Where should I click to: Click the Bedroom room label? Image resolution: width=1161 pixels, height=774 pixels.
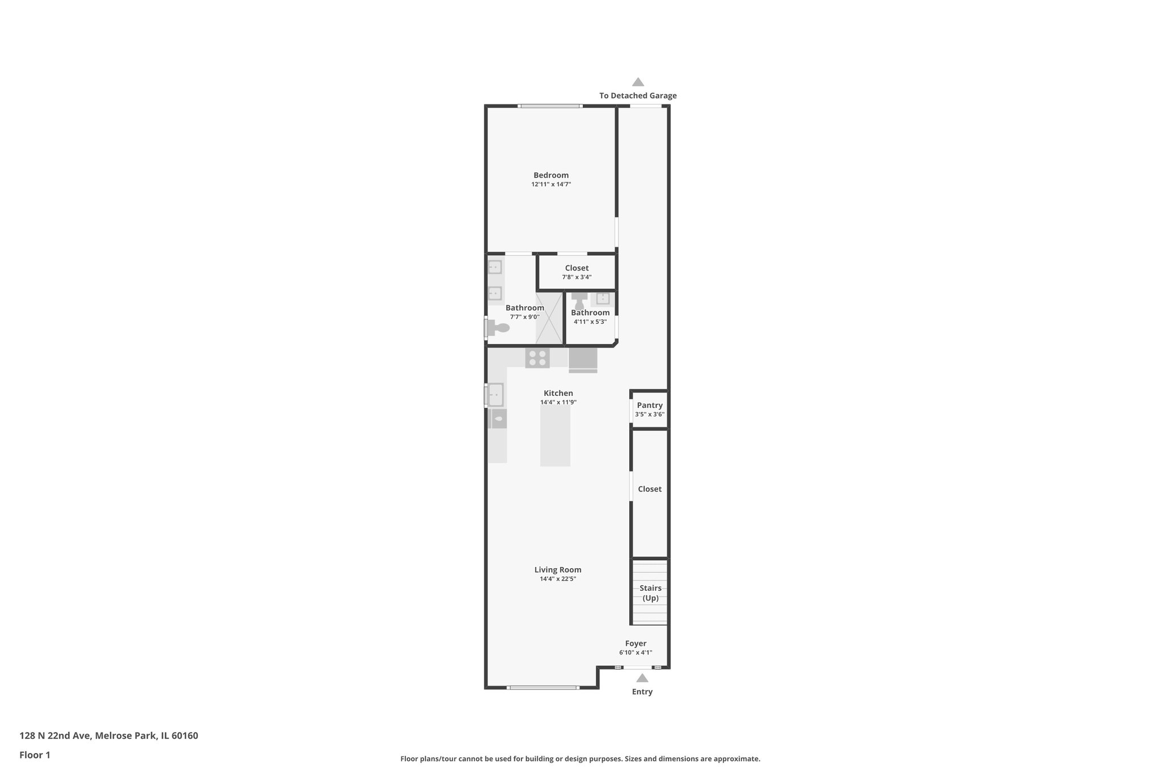[x=550, y=175]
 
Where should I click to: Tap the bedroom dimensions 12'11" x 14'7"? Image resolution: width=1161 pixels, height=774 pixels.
[x=550, y=185]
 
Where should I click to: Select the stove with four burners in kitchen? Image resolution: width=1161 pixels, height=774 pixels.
[x=537, y=358]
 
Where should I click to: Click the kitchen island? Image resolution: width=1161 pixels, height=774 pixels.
[x=555, y=436]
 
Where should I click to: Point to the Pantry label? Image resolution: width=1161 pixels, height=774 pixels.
[x=649, y=405]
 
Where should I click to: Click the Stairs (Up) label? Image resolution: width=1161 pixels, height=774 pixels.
[x=650, y=593]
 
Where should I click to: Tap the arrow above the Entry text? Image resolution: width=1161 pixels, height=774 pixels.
[x=642, y=678]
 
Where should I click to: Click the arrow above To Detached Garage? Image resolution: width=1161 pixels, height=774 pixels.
[x=638, y=82]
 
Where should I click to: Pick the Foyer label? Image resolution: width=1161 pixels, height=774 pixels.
[x=635, y=644]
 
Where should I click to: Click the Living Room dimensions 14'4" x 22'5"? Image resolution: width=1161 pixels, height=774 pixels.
[x=558, y=579]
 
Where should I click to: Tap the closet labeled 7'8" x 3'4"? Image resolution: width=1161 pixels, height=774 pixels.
[x=577, y=272]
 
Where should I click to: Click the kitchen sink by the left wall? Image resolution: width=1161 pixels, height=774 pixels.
[x=495, y=394]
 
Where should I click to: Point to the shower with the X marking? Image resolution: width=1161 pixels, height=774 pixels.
[x=549, y=318]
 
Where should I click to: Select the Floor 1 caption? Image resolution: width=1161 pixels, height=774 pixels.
[x=35, y=755]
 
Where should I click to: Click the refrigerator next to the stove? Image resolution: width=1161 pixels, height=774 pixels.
[x=583, y=360]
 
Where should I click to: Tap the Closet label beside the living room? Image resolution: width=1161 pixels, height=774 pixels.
[x=649, y=489]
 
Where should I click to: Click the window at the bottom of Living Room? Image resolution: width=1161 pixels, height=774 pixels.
[x=543, y=687]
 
